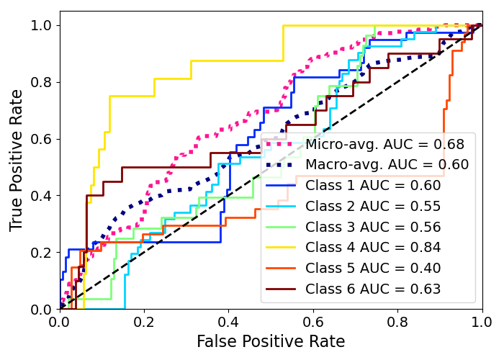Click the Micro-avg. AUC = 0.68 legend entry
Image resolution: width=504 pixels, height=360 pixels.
pos(384,144)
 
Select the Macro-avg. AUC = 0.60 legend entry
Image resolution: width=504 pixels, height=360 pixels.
pos(387,165)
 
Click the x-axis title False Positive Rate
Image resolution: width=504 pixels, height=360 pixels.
pos(271,341)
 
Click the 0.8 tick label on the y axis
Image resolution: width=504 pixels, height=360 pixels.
pos(42,82)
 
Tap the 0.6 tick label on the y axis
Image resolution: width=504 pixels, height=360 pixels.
pos(42,139)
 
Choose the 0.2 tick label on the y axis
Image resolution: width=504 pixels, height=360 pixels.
pos(42,253)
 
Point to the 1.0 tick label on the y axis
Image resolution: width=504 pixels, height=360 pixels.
pos(42,26)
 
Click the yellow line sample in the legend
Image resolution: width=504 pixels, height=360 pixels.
pos(282,248)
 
